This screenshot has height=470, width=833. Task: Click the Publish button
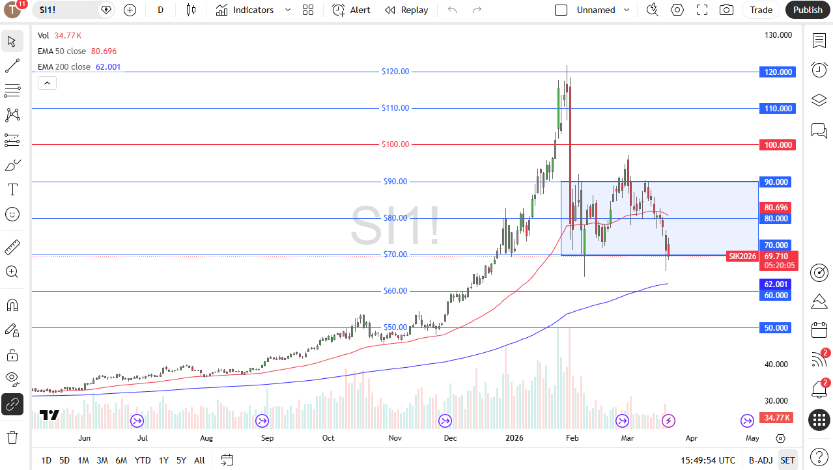(808, 10)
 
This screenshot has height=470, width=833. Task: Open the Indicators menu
(245, 10)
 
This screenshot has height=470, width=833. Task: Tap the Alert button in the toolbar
(351, 10)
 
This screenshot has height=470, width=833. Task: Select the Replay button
(406, 10)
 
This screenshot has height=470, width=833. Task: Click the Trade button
(761, 10)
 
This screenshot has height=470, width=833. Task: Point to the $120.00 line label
(395, 72)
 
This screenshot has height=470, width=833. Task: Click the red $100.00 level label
(395, 145)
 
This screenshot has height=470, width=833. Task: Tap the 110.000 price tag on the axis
(778, 109)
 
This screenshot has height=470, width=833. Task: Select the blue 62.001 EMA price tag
(776, 284)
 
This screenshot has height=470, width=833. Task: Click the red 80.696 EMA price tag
(776, 208)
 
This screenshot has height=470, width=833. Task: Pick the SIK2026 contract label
(742, 256)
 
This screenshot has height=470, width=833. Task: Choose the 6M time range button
(121, 460)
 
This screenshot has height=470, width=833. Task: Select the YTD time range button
(143, 460)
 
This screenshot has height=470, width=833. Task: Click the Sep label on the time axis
(267, 438)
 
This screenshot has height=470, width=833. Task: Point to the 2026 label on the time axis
(515, 438)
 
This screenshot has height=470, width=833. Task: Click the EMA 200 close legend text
(64, 67)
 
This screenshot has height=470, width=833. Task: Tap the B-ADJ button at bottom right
(760, 460)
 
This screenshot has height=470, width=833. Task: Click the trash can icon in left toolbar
(12, 437)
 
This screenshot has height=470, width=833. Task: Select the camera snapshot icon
(726, 10)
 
